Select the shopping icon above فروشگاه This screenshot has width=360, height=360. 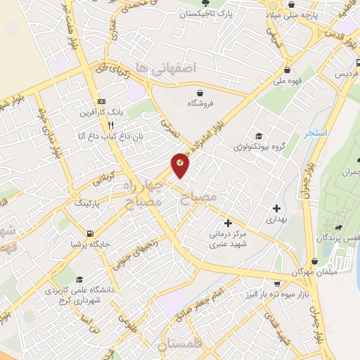200,93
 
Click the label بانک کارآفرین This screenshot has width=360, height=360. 102,112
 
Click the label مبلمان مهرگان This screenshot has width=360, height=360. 312,271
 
